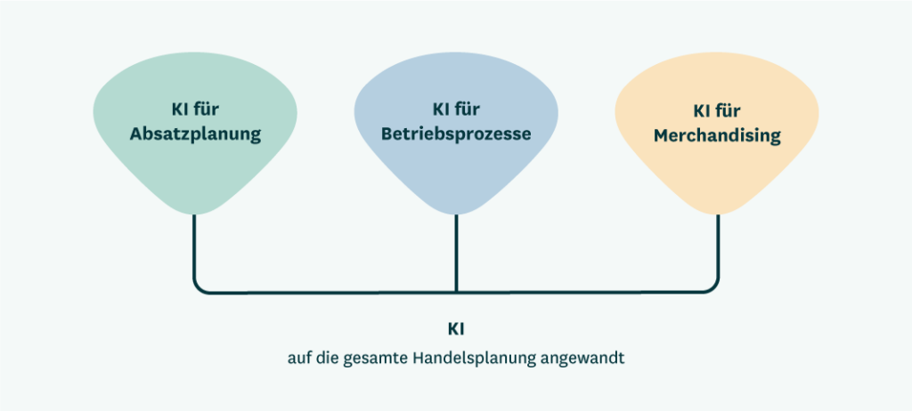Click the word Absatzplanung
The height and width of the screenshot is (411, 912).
click(195, 135)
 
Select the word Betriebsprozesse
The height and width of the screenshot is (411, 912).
click(456, 135)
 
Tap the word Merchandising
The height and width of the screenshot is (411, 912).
click(717, 135)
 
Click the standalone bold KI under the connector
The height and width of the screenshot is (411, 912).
click(456, 330)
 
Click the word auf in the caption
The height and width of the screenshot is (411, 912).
click(299, 358)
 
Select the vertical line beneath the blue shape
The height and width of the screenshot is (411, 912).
click(456, 253)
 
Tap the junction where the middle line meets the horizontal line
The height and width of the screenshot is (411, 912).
click(456, 291)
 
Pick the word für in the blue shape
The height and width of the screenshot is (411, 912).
click(468, 110)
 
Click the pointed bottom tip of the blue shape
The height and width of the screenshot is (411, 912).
click(456, 214)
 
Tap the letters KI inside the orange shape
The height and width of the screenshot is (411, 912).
click(702, 110)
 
